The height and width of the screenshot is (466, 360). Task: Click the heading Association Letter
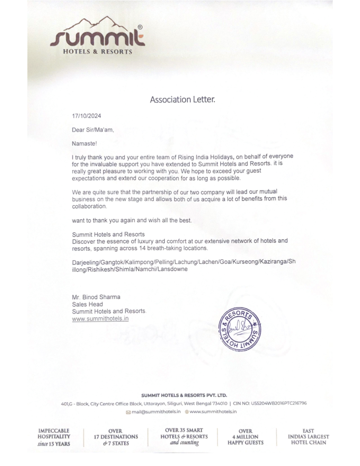(x=182, y=100)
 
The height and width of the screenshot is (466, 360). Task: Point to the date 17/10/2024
(x=86, y=116)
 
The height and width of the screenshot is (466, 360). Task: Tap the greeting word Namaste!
(x=84, y=144)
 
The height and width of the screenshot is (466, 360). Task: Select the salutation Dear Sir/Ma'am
(x=93, y=130)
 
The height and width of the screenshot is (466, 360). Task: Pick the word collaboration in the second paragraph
(x=89, y=206)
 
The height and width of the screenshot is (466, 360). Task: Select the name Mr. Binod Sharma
(x=96, y=297)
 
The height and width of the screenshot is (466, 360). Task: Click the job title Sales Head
(x=87, y=304)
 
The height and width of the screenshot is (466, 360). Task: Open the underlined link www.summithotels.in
(x=100, y=319)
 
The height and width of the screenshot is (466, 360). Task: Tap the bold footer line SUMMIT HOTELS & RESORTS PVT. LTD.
(x=184, y=395)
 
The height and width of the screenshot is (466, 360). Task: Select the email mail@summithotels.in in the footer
(x=156, y=412)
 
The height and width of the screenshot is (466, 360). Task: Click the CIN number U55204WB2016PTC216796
(x=279, y=404)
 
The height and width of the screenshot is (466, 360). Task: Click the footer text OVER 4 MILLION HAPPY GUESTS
(x=245, y=437)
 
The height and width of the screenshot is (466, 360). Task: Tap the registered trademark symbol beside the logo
(x=140, y=27)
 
